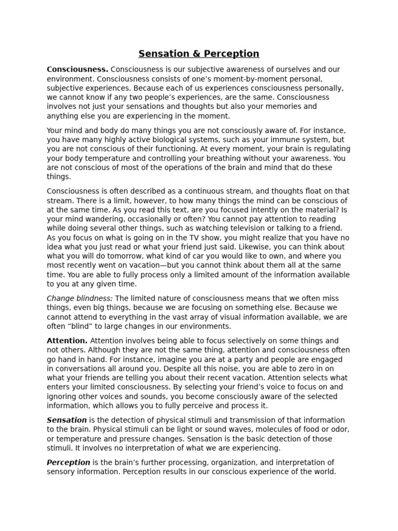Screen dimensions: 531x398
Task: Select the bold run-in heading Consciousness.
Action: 77,69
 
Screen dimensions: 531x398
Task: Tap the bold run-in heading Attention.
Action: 67,341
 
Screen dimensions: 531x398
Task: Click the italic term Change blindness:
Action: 80,298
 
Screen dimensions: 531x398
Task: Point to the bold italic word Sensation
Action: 67,420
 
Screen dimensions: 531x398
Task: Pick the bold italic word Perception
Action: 68,463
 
